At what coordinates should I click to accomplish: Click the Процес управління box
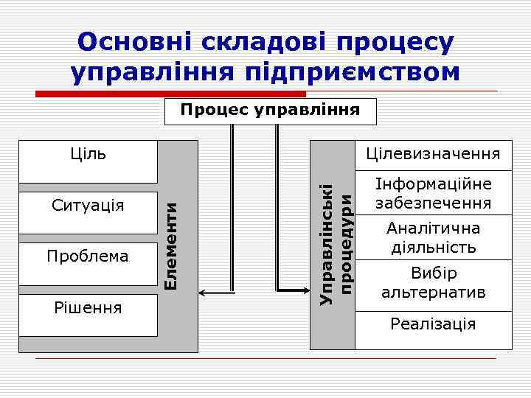270,111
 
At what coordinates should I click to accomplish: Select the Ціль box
88,160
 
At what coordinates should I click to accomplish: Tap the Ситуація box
88,205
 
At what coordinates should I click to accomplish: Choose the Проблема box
88,256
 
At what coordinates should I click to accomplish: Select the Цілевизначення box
434,154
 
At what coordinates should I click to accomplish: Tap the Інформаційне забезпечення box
434,193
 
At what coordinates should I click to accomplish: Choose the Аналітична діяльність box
434,237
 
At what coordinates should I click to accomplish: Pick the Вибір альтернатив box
434,283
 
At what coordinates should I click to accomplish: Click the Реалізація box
434,324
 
